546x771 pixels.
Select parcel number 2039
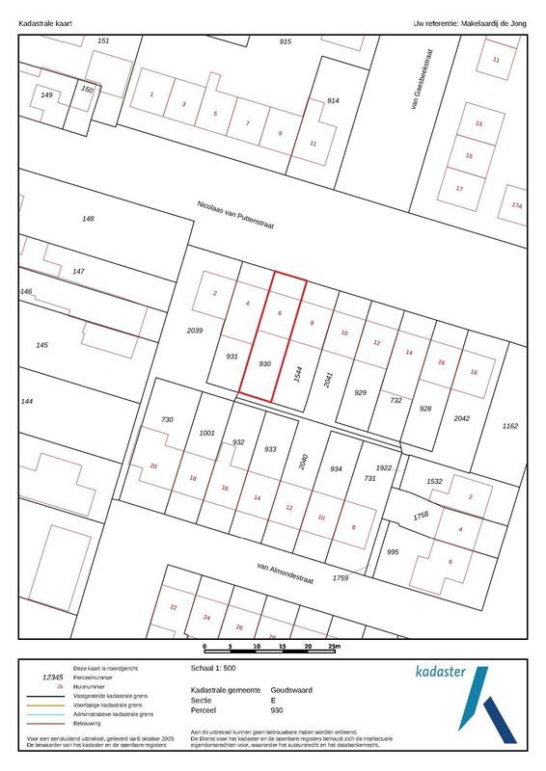click(194, 331)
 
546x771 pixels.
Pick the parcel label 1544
click(299, 376)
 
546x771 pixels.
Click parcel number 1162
click(510, 425)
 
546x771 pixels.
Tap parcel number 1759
click(340, 577)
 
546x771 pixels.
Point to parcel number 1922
click(385, 467)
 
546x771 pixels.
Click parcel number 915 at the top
click(285, 41)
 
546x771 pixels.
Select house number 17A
click(517, 205)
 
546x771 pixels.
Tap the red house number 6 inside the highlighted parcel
click(280, 314)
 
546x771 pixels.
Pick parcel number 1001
click(206, 433)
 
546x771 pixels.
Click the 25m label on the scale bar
click(333, 647)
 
